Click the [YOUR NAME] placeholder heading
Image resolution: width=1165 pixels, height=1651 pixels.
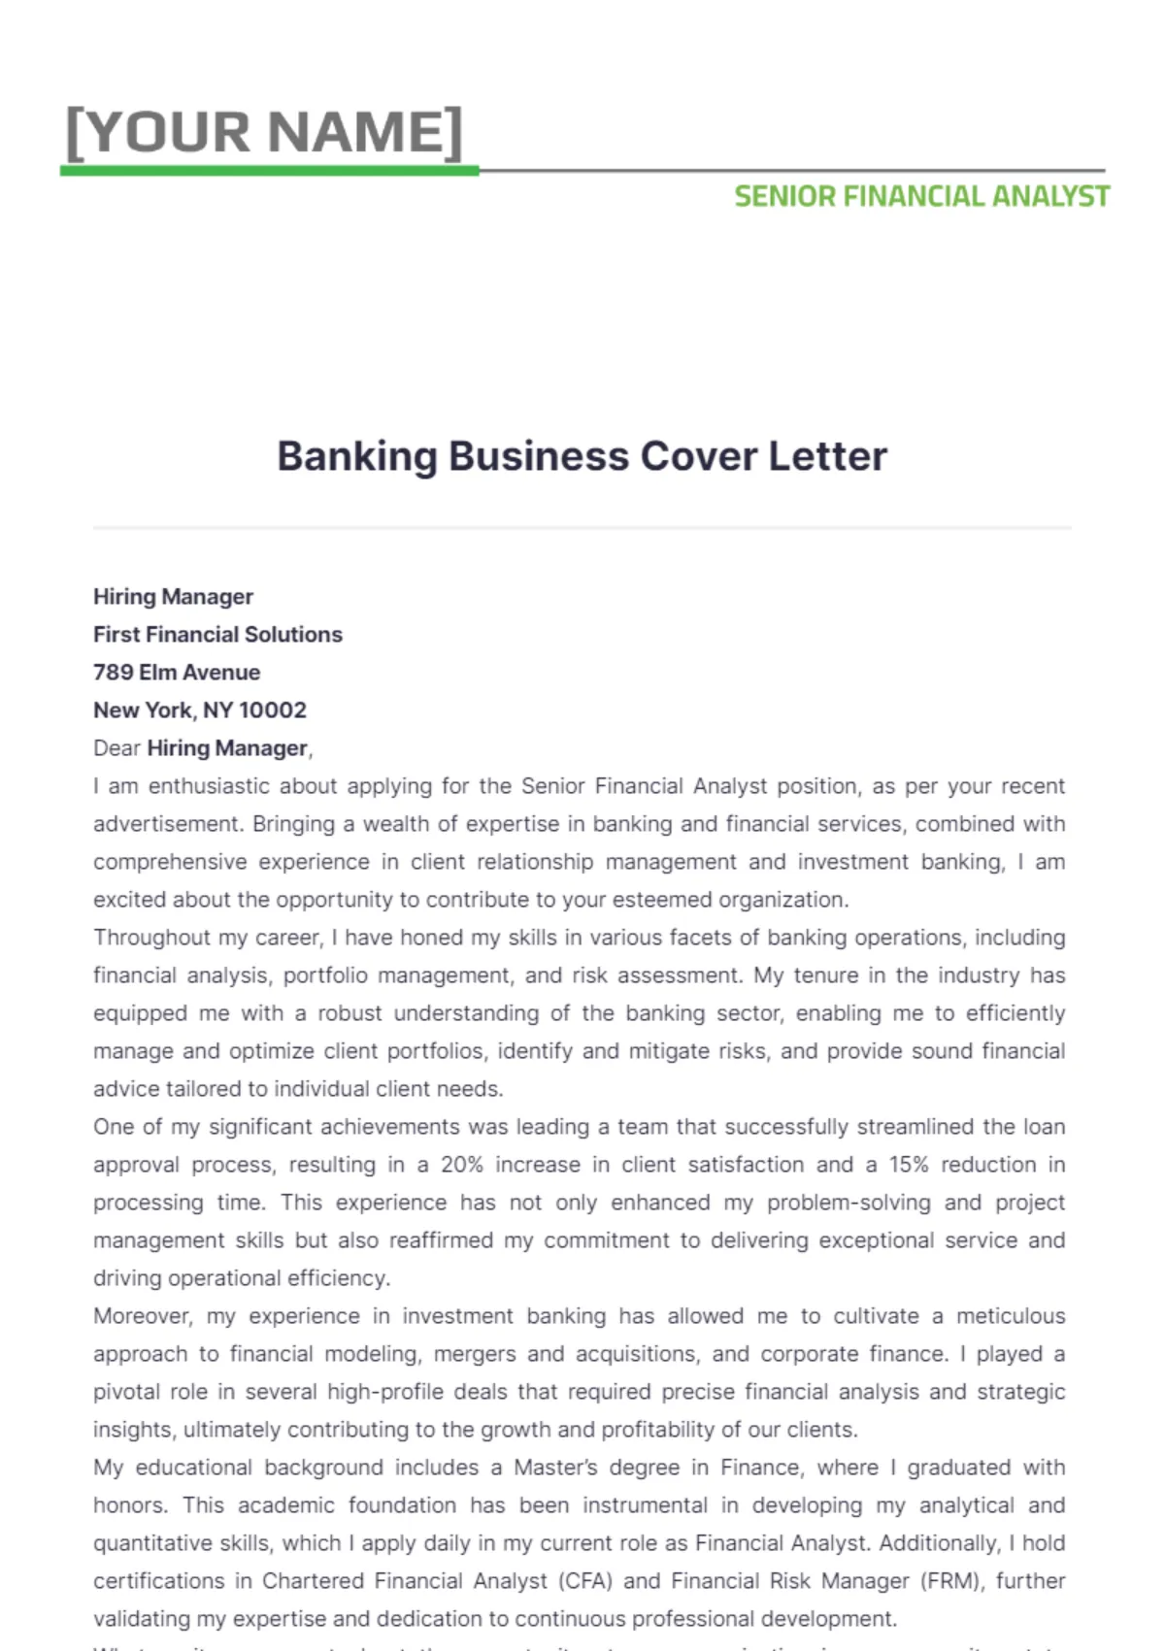point(264,132)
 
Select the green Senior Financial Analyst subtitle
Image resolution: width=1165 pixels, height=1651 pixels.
point(921,197)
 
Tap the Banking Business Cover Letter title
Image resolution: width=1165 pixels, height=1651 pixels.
point(582,456)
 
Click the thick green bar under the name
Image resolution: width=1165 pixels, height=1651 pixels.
point(270,171)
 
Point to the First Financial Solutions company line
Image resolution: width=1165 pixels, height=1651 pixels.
point(217,635)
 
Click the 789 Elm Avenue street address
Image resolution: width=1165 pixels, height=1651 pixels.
point(177,673)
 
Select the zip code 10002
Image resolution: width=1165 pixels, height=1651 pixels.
point(273,710)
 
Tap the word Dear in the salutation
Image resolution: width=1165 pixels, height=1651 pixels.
point(116,748)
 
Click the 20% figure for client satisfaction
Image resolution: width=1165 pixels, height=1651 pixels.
point(462,1165)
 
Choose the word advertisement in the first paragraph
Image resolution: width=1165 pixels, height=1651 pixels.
point(167,824)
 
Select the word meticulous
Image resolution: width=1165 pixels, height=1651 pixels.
point(1011,1316)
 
